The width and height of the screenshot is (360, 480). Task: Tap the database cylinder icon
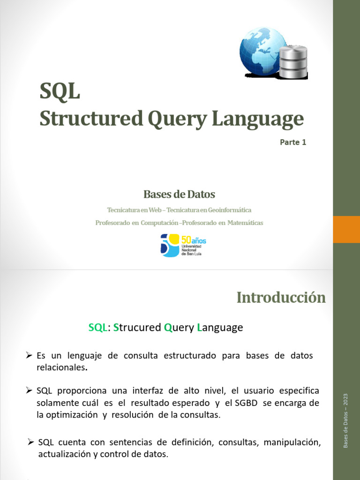[293, 62]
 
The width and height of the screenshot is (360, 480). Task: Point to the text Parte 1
[293, 142]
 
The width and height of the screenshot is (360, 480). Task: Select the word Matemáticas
[245, 223]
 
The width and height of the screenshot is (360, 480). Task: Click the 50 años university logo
[183, 245]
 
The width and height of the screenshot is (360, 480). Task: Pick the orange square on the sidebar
[346, 229]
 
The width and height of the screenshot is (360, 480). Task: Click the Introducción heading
[281, 297]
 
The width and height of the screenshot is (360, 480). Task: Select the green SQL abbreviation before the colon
[98, 328]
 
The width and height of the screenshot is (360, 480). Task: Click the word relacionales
[61, 367]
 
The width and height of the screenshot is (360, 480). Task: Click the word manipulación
[294, 443]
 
